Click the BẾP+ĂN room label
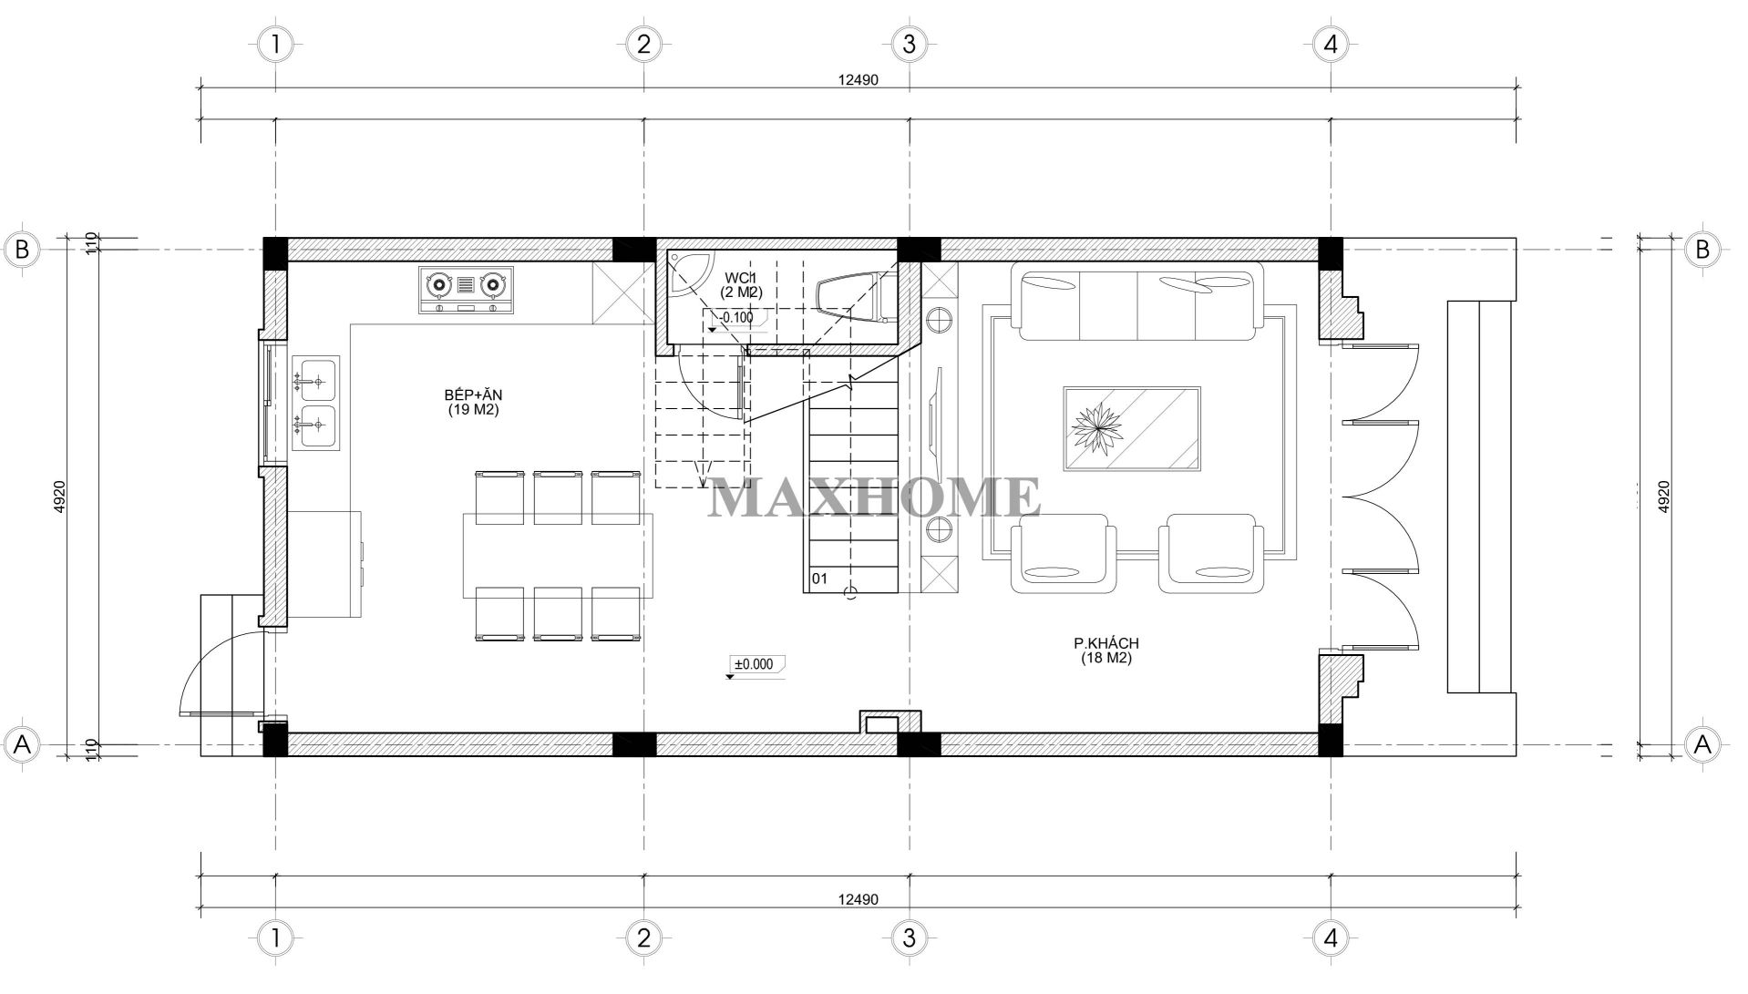[473, 402]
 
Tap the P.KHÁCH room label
[1105, 651]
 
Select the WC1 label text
[742, 277]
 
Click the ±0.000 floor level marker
[755, 665]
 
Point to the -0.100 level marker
[735, 319]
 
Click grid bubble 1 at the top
[275, 44]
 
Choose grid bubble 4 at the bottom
[1331, 937]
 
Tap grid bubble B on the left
[24, 250]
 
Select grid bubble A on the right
[1702, 744]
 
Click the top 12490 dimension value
[858, 80]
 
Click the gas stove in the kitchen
[466, 290]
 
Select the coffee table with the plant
[1131, 428]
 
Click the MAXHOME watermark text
[874, 497]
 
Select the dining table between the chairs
[558, 555]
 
